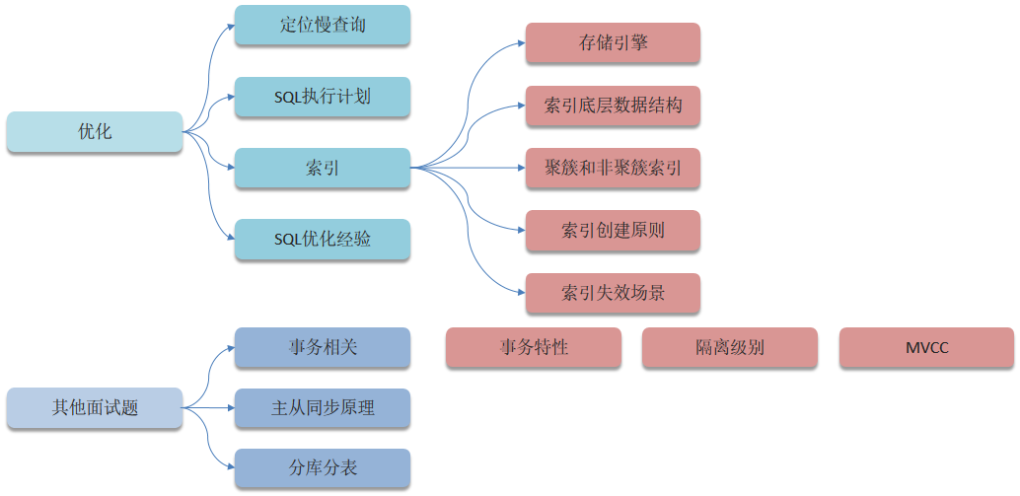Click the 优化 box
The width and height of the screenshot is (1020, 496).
[x=95, y=132]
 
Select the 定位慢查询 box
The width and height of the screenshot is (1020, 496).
[x=323, y=26]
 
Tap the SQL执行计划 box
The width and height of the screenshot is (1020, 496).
[x=323, y=97]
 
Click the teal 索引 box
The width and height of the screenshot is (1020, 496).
[x=323, y=169]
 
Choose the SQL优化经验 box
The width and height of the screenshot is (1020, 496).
[x=323, y=240]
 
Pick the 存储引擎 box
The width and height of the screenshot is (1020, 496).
[x=613, y=43]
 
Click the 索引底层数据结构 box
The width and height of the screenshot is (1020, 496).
[x=613, y=106]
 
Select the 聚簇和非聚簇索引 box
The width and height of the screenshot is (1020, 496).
[x=613, y=168]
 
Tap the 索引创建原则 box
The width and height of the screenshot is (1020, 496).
[x=613, y=231]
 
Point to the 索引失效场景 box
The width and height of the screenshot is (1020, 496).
[x=613, y=293]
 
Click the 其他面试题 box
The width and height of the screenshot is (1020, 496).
[x=95, y=408]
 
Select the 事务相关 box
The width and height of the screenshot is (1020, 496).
[x=323, y=347]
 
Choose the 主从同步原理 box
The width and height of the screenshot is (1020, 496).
[x=323, y=408]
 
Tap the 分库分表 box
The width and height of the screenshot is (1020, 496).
[x=323, y=468]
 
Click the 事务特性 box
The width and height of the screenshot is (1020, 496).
[x=534, y=348]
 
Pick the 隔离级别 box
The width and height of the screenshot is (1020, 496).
[x=730, y=348]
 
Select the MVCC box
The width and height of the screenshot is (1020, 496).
[x=926, y=348]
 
